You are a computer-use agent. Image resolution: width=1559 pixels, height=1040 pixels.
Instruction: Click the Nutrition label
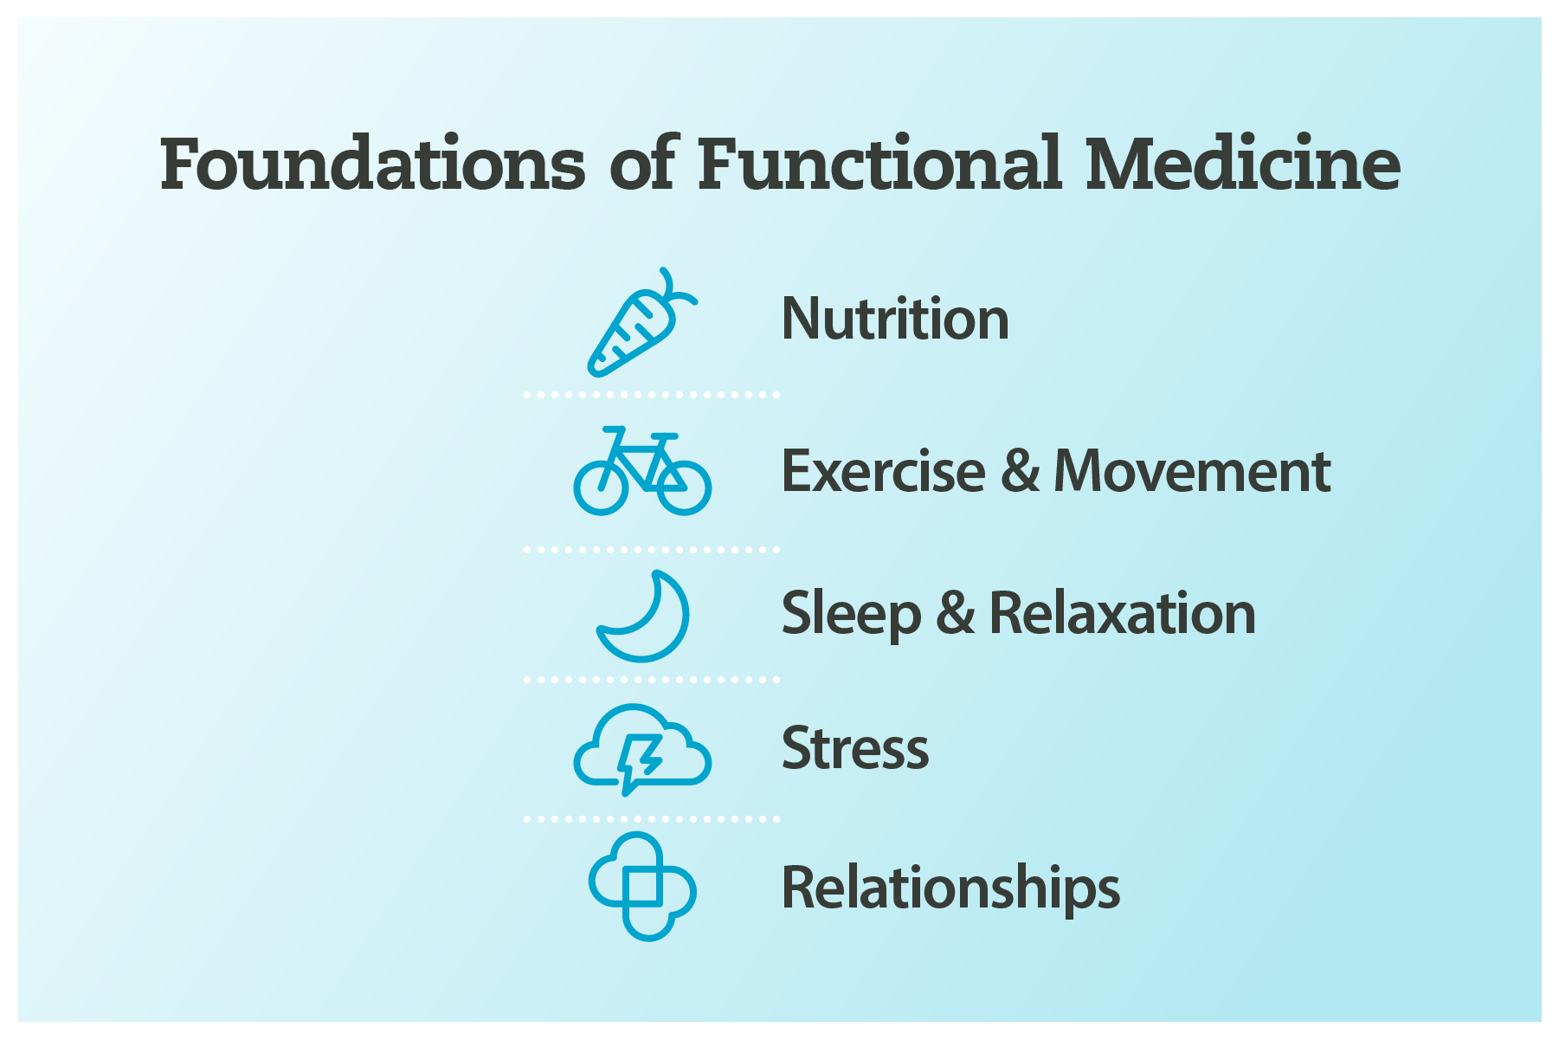coord(895,319)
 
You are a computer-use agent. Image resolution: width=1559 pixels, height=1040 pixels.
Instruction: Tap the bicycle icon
coord(642,472)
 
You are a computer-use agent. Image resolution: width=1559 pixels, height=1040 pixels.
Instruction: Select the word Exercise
coord(883,472)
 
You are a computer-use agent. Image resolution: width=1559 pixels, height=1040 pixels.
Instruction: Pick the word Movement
coord(1192,472)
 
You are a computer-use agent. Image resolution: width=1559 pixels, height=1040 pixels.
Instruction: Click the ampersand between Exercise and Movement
coord(1021,472)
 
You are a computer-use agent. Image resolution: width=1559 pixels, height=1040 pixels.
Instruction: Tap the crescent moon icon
coord(645,617)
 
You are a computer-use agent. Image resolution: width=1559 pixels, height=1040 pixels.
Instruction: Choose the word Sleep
coord(851,614)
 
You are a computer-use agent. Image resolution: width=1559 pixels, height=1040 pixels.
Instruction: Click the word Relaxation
coord(1122,613)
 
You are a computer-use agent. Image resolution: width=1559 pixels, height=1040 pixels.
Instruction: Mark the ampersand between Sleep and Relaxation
coord(956,613)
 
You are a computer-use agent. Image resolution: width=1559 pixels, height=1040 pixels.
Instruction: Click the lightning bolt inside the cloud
coord(639,760)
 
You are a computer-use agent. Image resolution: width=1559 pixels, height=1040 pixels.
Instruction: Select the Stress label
coord(855,748)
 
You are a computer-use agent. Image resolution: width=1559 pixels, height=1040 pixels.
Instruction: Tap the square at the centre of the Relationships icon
coord(642,886)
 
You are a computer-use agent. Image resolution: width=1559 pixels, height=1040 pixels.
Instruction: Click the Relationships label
coord(950,888)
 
